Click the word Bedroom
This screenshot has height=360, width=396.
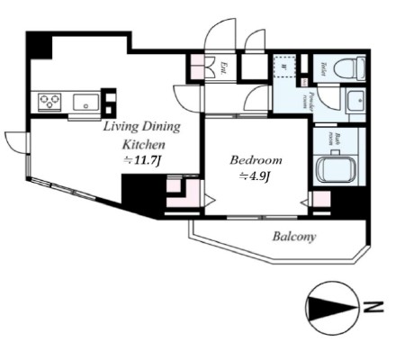pos(256,159)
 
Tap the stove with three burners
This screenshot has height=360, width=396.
pos(48,101)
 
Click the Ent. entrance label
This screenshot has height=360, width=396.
pos(222,67)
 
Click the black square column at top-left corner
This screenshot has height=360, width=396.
pos(38,44)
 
